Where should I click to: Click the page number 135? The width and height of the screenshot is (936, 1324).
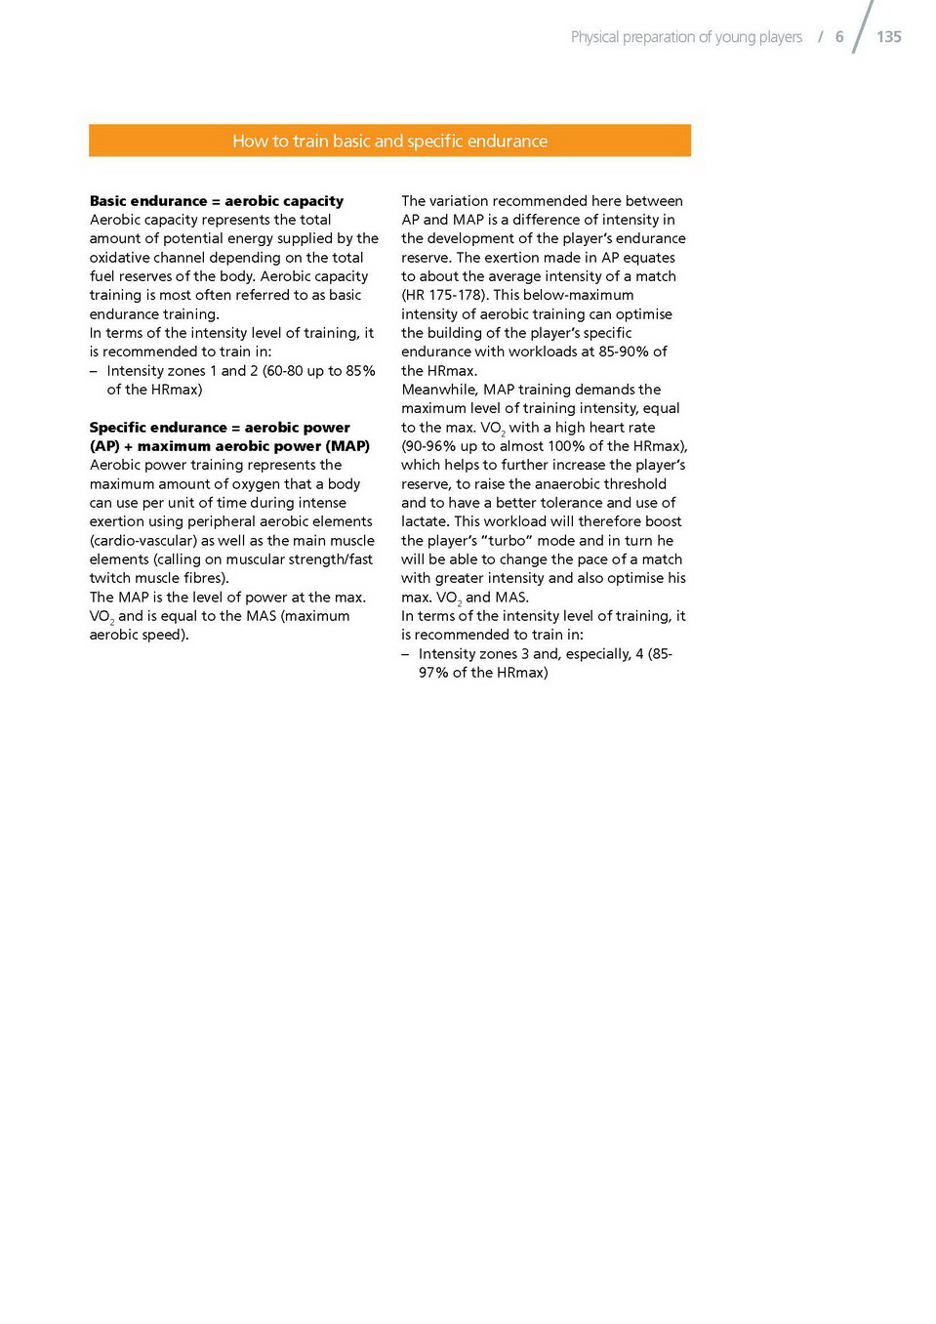(888, 37)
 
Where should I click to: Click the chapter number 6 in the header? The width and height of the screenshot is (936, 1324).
(839, 37)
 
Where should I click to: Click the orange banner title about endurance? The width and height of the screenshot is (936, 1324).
(389, 141)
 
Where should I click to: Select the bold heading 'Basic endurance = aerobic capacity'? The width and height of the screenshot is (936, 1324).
(216, 201)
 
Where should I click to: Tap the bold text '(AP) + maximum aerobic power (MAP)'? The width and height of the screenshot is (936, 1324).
(229, 446)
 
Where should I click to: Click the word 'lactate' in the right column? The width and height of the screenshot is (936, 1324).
(425, 521)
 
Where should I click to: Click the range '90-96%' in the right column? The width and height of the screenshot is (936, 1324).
(429, 446)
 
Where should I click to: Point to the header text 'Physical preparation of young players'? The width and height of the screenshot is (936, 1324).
(686, 37)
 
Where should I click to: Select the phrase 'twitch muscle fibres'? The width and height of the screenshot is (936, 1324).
(157, 578)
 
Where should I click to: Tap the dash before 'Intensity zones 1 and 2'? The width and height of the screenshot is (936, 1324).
(94, 371)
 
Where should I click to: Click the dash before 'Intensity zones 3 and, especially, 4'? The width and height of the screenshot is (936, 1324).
(405, 654)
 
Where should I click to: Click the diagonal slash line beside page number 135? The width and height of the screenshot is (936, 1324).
(863, 27)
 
